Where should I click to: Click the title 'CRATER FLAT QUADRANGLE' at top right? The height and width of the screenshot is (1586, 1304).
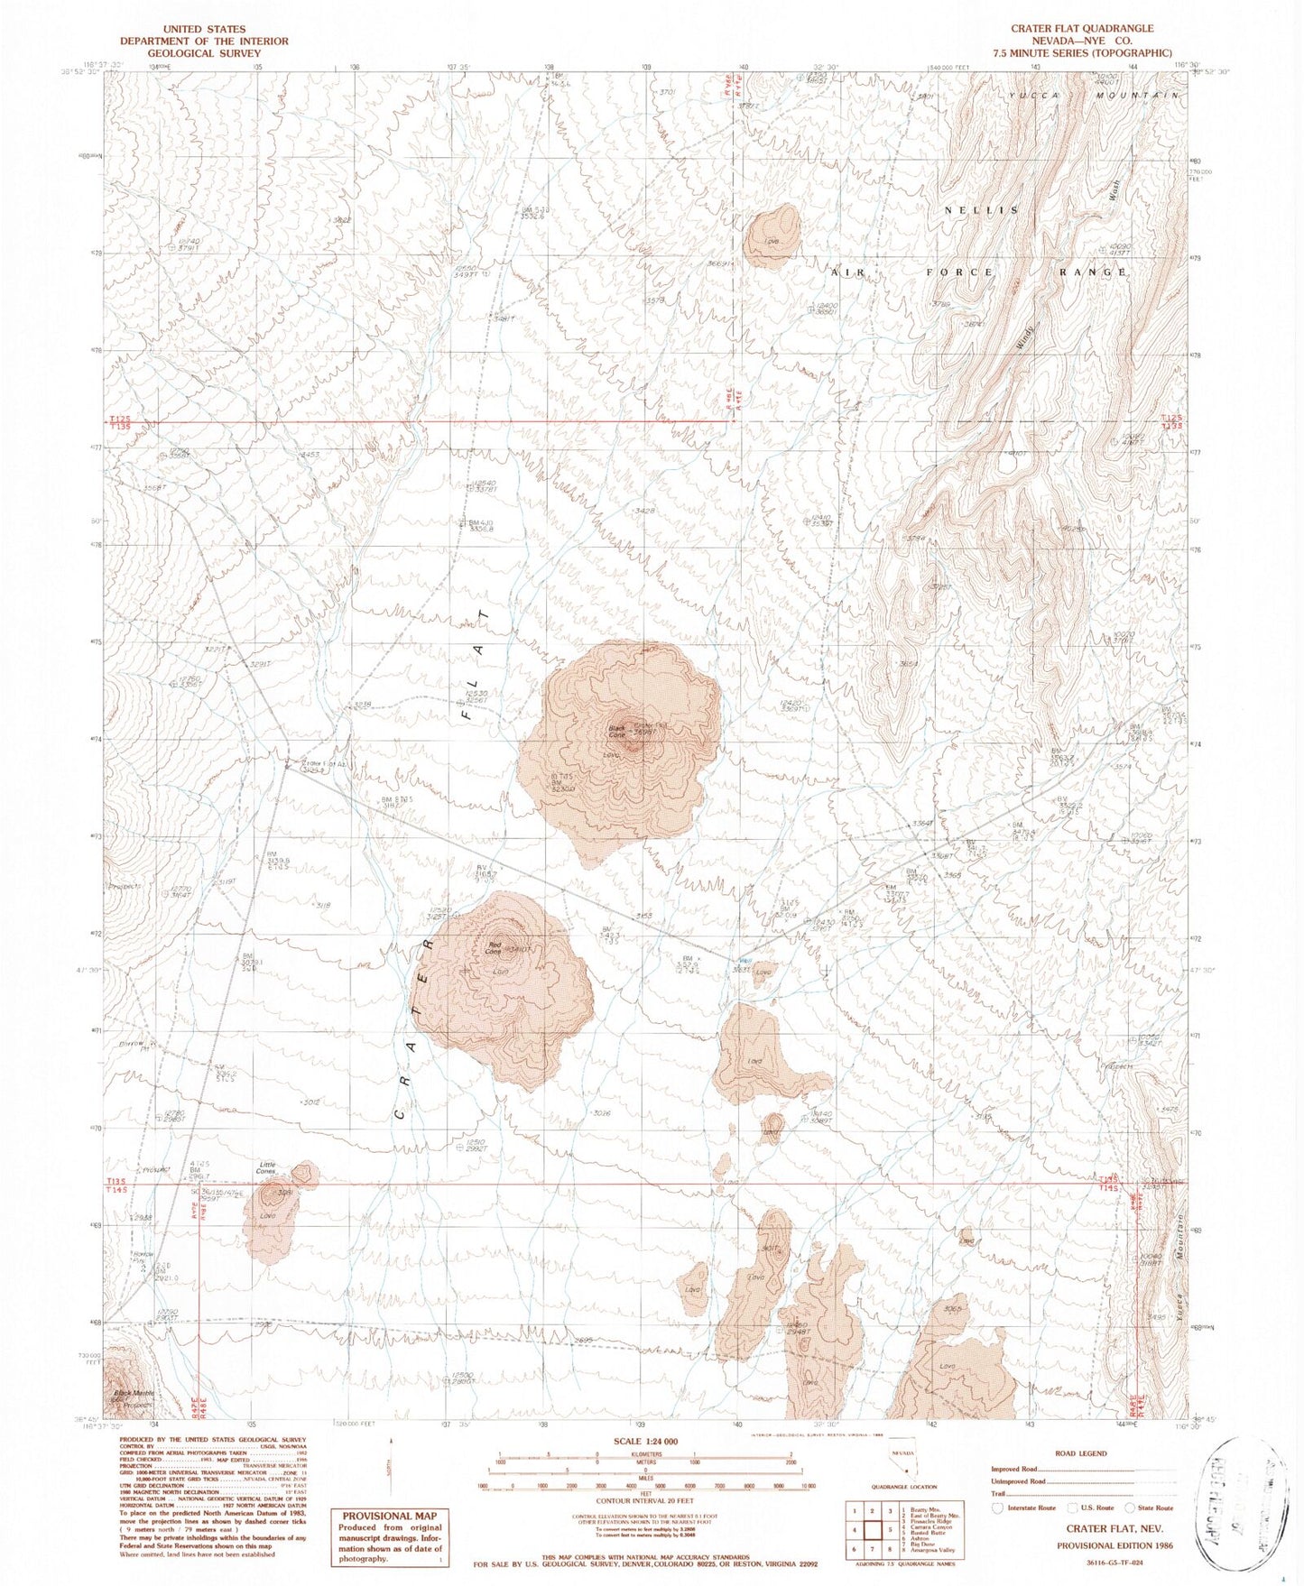(1081, 29)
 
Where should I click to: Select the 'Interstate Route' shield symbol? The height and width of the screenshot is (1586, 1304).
(997, 1508)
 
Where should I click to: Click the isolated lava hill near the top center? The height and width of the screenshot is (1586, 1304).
(772, 235)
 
